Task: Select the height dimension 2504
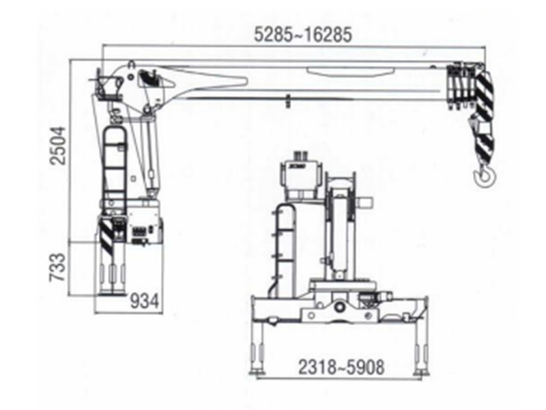coord(59,145)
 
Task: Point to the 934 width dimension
coord(145,299)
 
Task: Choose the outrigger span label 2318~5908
coord(341,366)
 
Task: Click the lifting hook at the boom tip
coord(485,177)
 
